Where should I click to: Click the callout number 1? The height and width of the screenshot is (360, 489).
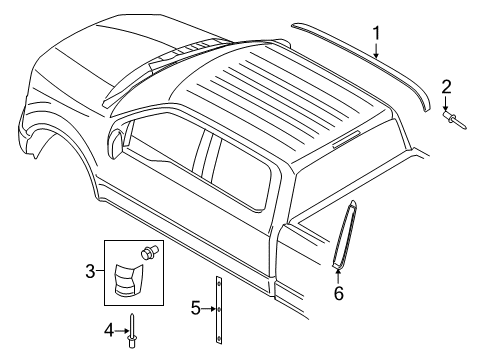pyautogui.click(x=377, y=37)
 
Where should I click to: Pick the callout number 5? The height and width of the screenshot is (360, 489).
pyautogui.click(x=196, y=307)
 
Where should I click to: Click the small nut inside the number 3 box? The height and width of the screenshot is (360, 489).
pyautogui.click(x=151, y=254)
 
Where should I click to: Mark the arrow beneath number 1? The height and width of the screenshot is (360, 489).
pyautogui.click(x=377, y=54)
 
